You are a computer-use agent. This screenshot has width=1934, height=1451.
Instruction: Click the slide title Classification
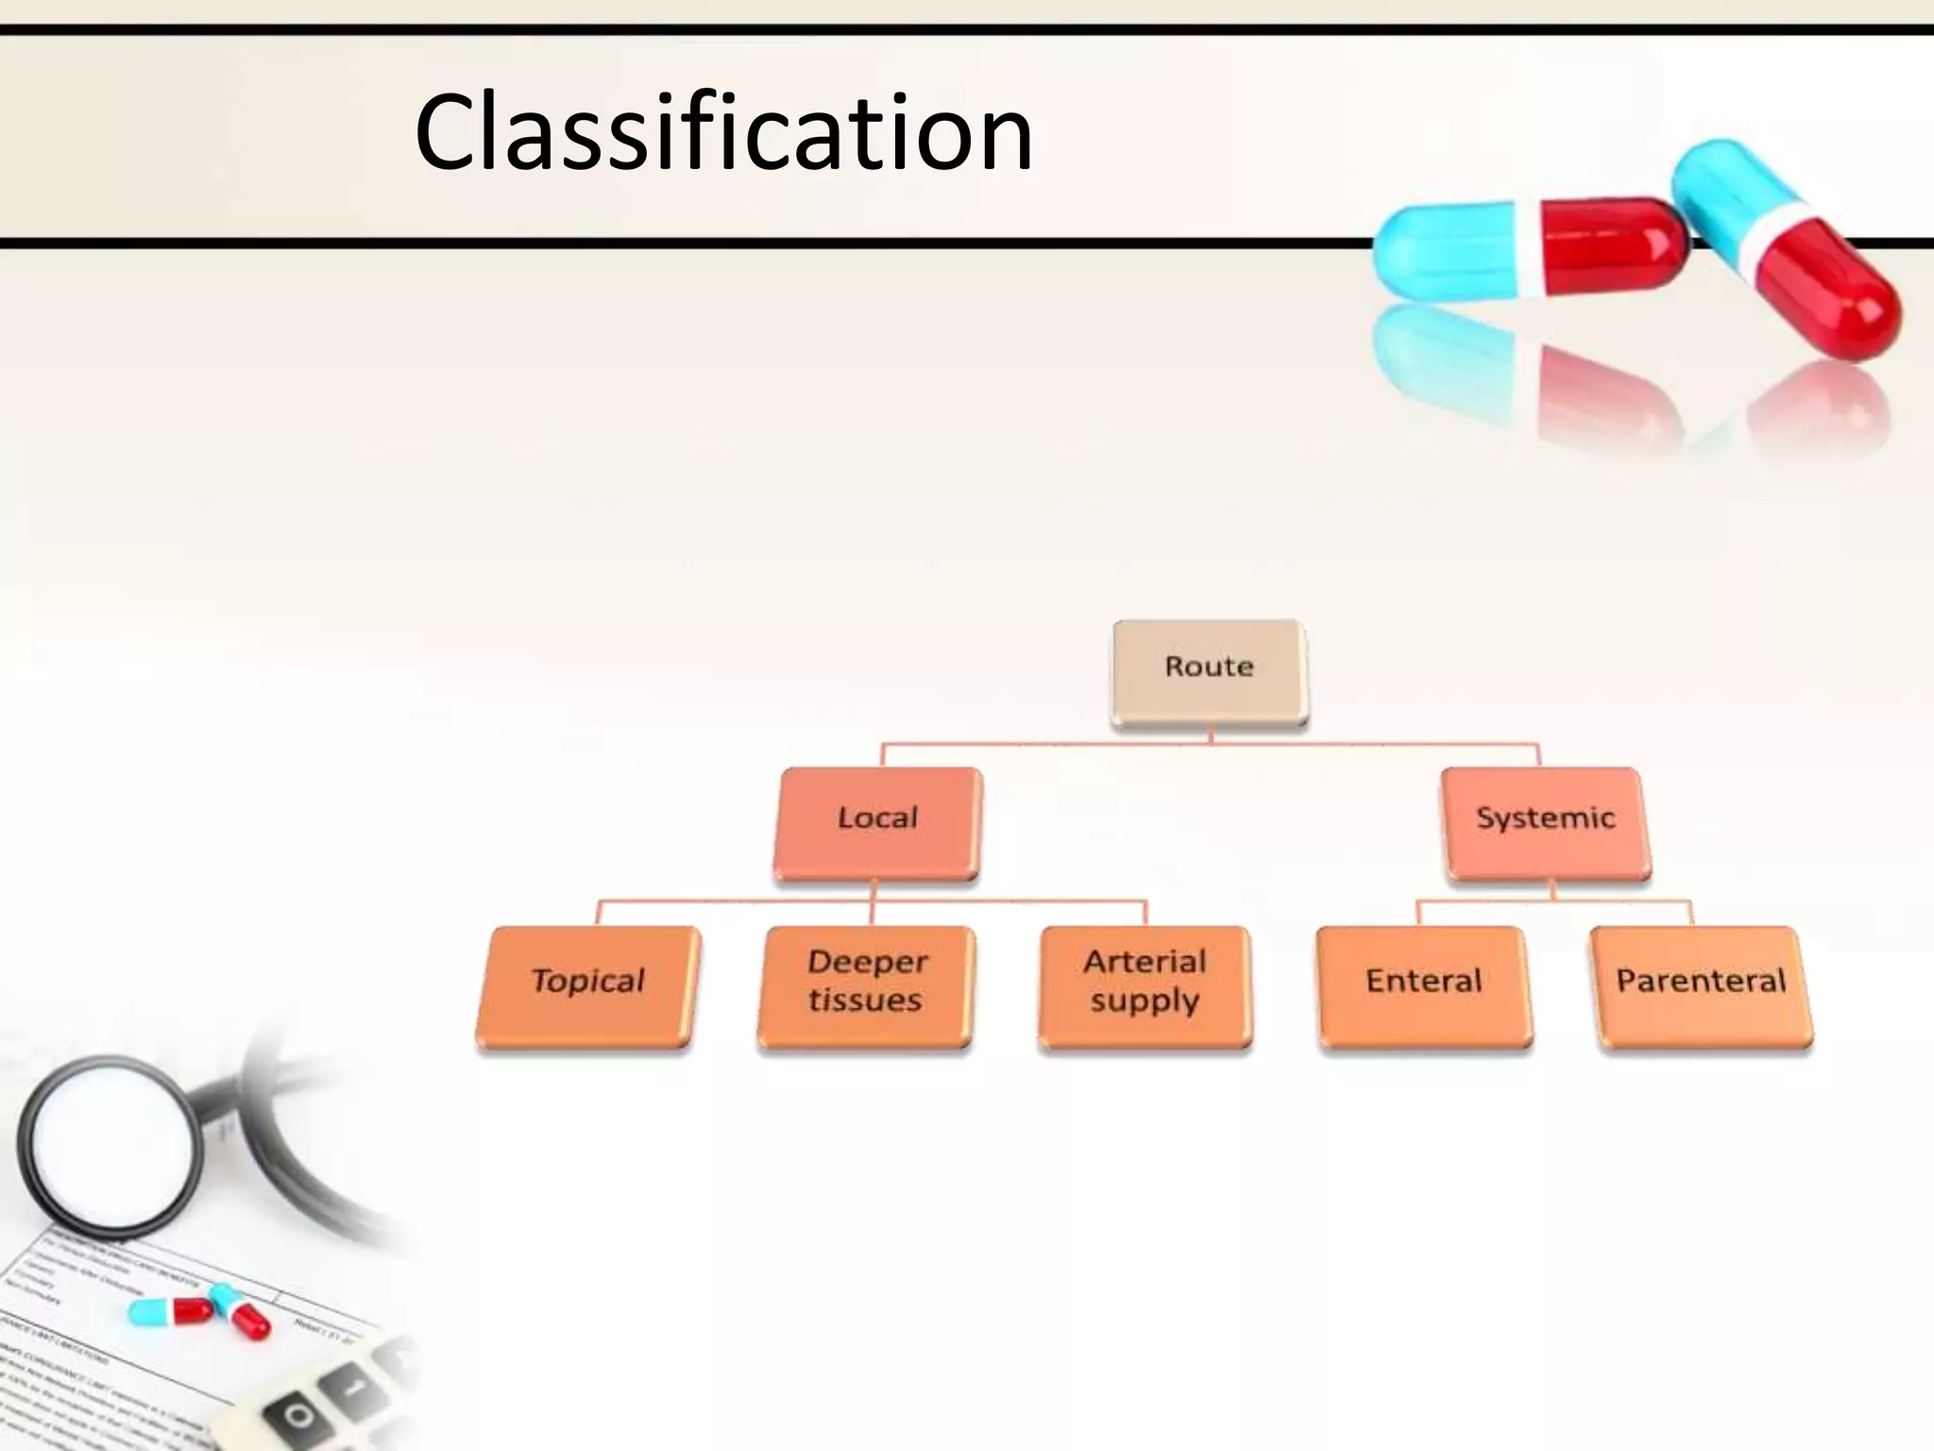723,132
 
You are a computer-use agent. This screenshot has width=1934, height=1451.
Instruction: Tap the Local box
877,822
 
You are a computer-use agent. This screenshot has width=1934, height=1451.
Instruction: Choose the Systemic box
1546,822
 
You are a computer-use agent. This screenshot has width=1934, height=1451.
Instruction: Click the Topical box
587,985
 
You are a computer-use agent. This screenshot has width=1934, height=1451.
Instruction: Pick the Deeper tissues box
866,985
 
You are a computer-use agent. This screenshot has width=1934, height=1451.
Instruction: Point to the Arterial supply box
1145,985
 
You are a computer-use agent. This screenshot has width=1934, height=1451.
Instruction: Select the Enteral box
1424,985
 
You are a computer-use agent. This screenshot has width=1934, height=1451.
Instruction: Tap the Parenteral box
1702,985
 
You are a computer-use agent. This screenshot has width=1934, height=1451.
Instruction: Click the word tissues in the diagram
865,1000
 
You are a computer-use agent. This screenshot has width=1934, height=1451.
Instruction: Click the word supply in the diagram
1145,1000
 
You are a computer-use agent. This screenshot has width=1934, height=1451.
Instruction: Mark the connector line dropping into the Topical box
599,913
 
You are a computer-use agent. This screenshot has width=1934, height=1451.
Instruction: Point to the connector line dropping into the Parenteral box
1690,913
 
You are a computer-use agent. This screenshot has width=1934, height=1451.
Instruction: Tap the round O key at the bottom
298,1416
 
